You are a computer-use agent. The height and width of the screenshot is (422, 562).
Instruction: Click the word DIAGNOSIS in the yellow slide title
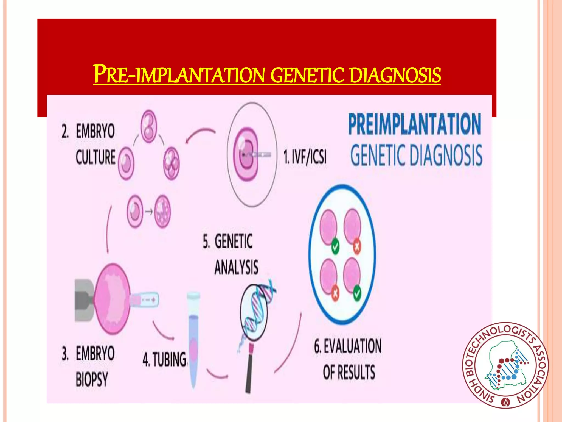click(x=395, y=75)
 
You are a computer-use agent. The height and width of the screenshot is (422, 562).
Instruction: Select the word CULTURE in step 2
click(x=95, y=157)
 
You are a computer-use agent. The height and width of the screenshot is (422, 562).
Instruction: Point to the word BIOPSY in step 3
click(x=92, y=379)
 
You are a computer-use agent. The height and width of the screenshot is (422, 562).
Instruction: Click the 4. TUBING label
click(x=164, y=359)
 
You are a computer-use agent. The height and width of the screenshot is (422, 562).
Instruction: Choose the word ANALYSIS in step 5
click(x=236, y=267)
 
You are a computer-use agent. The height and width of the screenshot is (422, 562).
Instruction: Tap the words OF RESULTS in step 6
click(x=349, y=372)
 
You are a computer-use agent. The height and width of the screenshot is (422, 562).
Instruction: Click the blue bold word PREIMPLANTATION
click(x=415, y=124)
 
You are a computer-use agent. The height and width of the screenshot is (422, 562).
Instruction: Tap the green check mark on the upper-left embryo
click(x=335, y=246)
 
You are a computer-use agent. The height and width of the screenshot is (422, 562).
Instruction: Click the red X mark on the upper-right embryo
click(x=357, y=246)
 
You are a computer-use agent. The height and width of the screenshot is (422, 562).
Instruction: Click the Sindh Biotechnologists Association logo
click(x=505, y=365)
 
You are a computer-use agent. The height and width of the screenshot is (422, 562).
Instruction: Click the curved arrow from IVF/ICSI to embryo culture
click(x=200, y=135)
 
